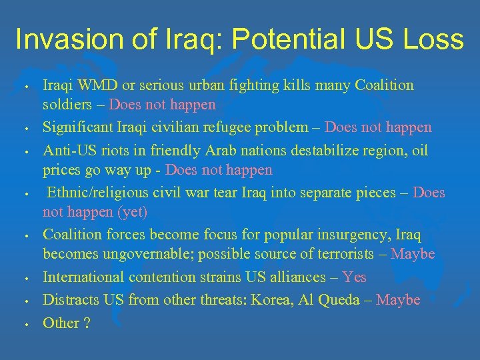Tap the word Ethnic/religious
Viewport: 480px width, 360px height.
click(101, 193)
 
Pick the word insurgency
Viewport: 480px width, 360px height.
click(361, 235)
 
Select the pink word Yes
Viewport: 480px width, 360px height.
click(354, 277)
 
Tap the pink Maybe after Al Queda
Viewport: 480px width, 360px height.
click(398, 300)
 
